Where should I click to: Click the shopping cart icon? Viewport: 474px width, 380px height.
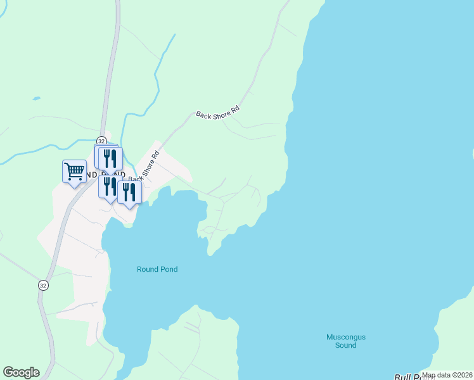(75, 171)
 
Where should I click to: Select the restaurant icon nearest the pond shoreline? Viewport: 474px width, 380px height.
(129, 192)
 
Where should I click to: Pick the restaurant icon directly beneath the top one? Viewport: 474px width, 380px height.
(109, 187)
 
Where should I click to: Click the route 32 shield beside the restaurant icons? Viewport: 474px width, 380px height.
(101, 141)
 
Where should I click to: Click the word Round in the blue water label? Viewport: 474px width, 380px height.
(147, 269)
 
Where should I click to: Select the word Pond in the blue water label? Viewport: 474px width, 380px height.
(168, 269)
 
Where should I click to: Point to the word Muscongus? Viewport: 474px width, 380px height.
(346, 337)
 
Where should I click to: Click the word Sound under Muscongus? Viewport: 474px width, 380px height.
(346, 345)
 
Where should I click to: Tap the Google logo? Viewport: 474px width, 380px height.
(21, 372)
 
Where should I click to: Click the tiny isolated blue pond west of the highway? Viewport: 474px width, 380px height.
(36, 98)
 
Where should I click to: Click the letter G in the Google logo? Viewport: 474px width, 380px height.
(8, 372)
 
